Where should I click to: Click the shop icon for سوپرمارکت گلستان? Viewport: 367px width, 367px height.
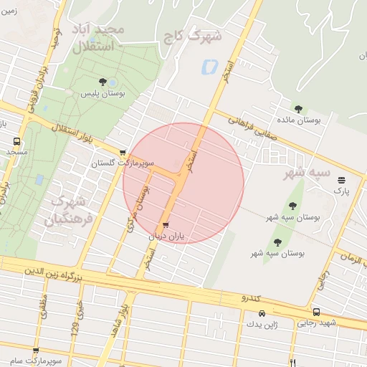[x=123, y=152]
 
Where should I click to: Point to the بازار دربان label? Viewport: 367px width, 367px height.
[x=166, y=236]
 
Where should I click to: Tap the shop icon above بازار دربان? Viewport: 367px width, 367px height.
[x=166, y=224]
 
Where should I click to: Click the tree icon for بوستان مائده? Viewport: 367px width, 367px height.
[x=299, y=108]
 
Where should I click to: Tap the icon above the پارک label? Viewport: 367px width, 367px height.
[x=341, y=180]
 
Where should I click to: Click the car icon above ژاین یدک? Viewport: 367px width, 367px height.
[x=262, y=314]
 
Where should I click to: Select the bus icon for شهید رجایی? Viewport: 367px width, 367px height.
[x=316, y=313]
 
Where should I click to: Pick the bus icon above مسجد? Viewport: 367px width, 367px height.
[x=16, y=141]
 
